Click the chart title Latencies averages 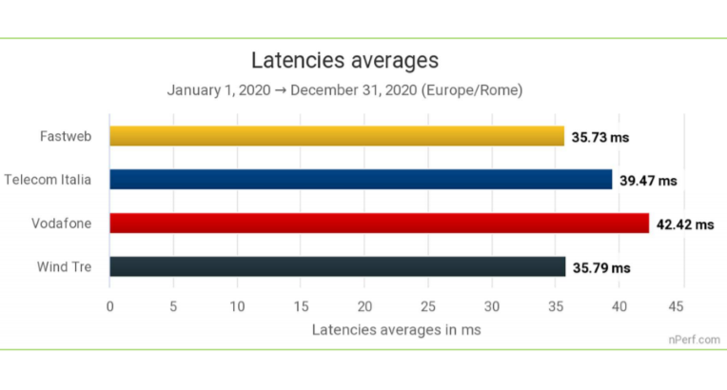tap(344, 61)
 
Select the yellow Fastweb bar tap(337, 136)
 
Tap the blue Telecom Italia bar tap(361, 180)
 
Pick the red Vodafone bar tap(379, 224)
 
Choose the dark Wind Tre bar tap(337, 267)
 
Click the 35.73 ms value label tap(600, 137)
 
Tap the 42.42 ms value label tap(685, 224)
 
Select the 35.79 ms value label tap(601, 268)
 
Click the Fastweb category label tap(67, 136)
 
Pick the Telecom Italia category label tap(48, 180)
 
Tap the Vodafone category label tap(63, 224)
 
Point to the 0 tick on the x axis tap(110, 306)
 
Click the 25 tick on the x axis tap(428, 306)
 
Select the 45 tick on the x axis tap(677, 306)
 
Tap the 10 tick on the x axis tap(237, 306)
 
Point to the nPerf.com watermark tap(693, 339)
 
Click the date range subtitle tap(344, 90)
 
